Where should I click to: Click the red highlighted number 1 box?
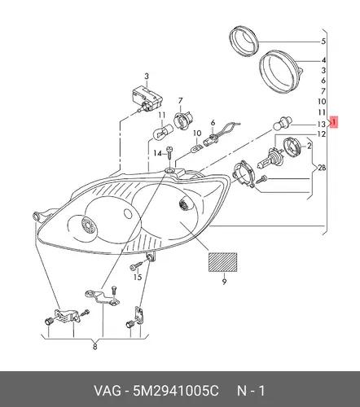point(334,122)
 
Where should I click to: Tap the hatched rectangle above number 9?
point(222,262)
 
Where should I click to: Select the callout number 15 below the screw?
point(138,277)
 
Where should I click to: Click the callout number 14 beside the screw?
point(157,154)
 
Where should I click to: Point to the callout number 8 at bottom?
point(94,347)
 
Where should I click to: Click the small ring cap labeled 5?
point(244,41)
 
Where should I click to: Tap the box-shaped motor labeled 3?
point(146,98)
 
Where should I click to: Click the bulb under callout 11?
point(162,130)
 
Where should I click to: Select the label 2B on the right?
point(322,168)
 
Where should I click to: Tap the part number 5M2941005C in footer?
point(175,391)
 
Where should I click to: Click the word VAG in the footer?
point(108,391)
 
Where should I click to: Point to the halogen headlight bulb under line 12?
point(270,158)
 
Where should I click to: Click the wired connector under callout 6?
point(220,134)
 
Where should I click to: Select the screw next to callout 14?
point(170,154)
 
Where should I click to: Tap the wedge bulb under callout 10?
point(196,148)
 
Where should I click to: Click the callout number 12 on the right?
point(321,134)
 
